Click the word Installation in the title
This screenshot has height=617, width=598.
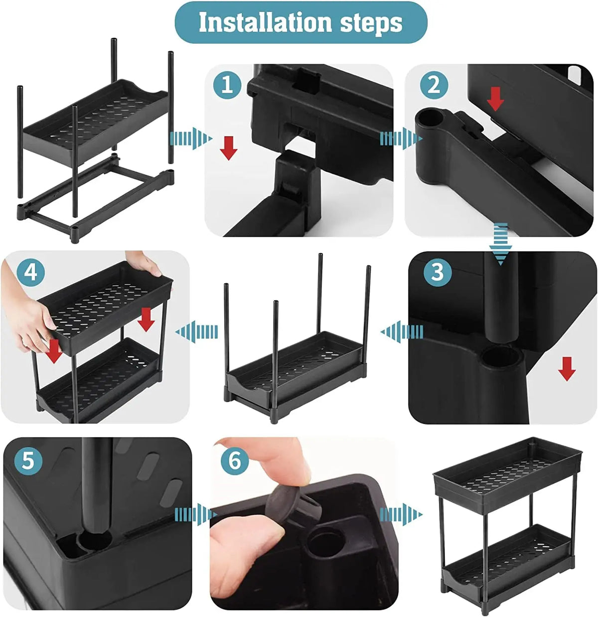(x=261, y=22)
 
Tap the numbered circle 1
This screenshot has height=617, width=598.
(x=227, y=85)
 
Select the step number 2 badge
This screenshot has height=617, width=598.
(x=434, y=85)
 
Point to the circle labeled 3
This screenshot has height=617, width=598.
(x=438, y=272)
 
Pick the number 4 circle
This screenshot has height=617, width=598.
(x=30, y=272)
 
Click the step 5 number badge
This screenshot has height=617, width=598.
(x=28, y=461)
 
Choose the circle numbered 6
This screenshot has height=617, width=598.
(x=235, y=461)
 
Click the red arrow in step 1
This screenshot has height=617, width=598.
(x=228, y=148)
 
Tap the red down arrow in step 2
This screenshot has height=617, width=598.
(x=495, y=99)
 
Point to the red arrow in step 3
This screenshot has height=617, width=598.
(x=567, y=369)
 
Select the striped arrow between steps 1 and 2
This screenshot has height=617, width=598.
(x=401, y=138)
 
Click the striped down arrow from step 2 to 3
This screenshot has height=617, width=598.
(x=501, y=244)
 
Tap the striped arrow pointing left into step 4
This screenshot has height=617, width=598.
(x=196, y=331)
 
